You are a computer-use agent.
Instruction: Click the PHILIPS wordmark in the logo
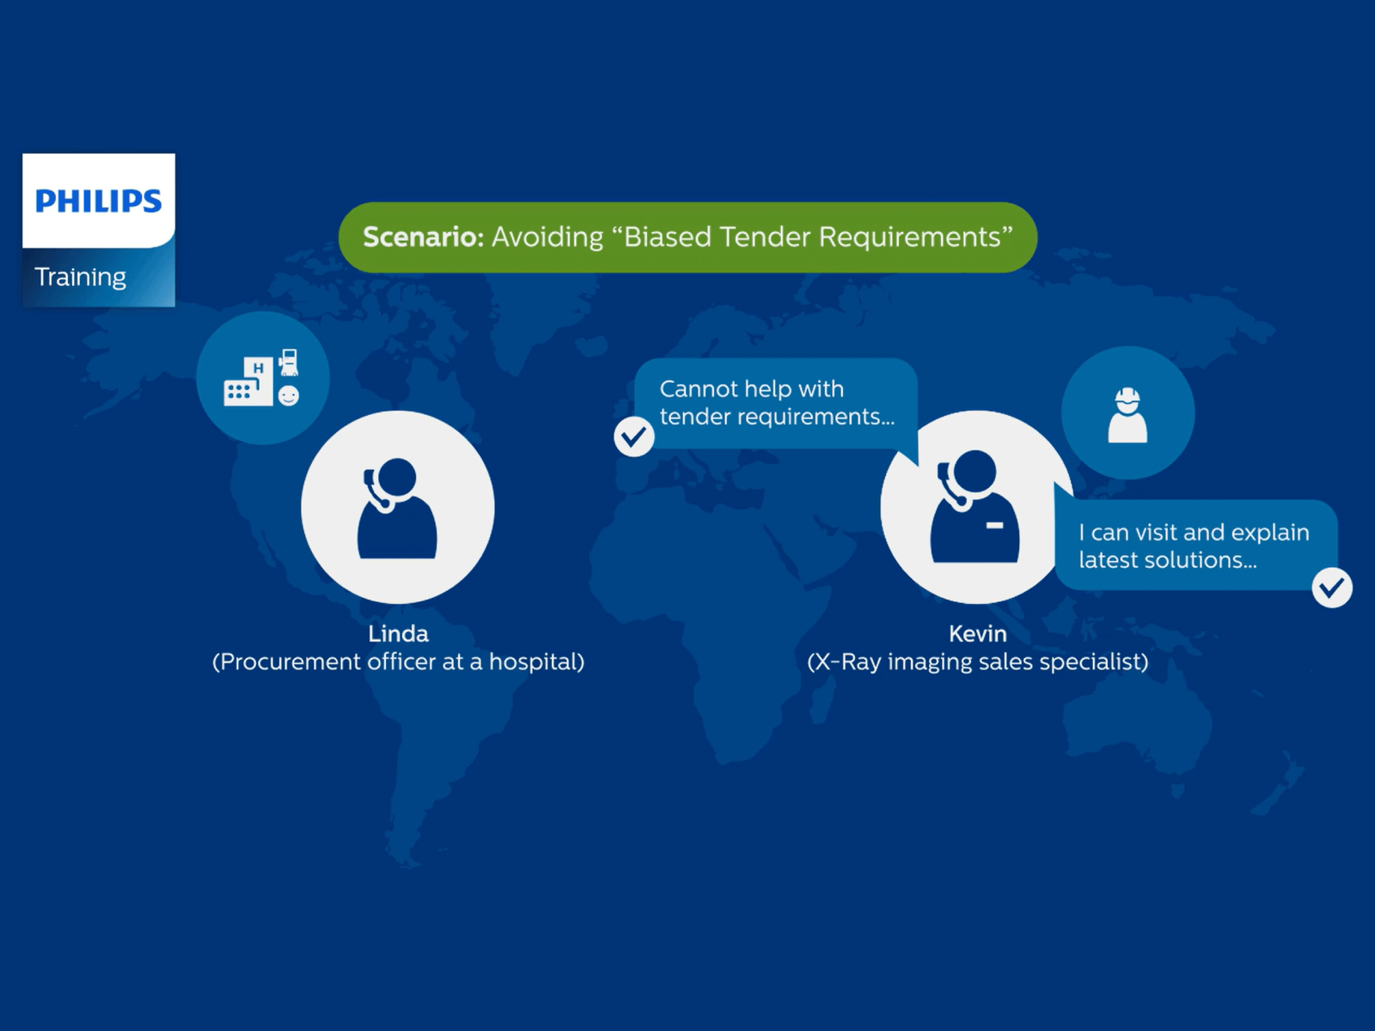(x=98, y=201)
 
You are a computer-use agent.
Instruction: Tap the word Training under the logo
(x=80, y=278)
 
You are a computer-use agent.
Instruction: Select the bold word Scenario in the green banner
(x=424, y=237)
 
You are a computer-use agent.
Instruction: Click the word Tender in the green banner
(x=765, y=237)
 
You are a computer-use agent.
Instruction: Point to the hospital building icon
(x=248, y=381)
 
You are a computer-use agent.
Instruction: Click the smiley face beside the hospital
(x=288, y=395)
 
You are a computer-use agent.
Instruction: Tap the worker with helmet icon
(x=1127, y=415)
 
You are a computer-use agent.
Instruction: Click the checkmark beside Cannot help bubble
(x=634, y=436)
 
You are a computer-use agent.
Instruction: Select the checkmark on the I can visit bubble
(x=1332, y=587)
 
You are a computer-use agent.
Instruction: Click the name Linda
(x=399, y=634)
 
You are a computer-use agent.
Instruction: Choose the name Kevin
(x=978, y=634)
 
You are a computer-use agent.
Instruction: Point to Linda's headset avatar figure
(x=397, y=508)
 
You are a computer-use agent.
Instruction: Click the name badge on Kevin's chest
(x=995, y=525)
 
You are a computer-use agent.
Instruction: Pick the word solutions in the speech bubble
(x=1201, y=560)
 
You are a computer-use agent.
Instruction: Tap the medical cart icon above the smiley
(x=288, y=363)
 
